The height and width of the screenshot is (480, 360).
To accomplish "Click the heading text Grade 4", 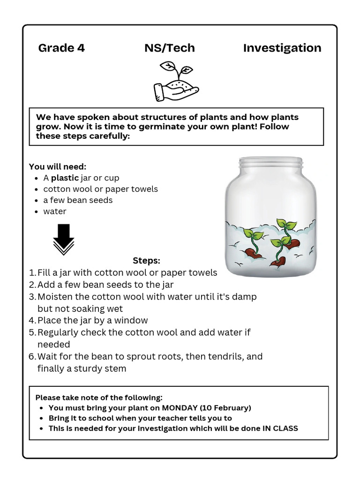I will tap(61, 48).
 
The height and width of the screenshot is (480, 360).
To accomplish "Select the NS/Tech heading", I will tap(169, 48).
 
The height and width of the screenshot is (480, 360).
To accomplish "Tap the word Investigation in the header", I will tap(282, 48).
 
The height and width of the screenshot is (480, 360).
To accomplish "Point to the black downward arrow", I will tap(63, 239).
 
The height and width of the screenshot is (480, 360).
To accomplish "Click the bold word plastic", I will tap(65, 178).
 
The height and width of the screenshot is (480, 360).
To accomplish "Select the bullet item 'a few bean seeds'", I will tap(78, 200).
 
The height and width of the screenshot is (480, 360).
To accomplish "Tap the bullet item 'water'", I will tap(55, 211).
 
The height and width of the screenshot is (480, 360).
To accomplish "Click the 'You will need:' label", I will tap(58, 166).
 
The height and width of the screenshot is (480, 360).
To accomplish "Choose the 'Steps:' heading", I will tap(146, 261).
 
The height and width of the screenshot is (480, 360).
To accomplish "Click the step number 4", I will tap(31, 321).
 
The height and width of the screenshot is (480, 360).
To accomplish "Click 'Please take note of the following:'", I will tap(99, 397).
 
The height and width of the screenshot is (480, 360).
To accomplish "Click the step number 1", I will tap(31, 273).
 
